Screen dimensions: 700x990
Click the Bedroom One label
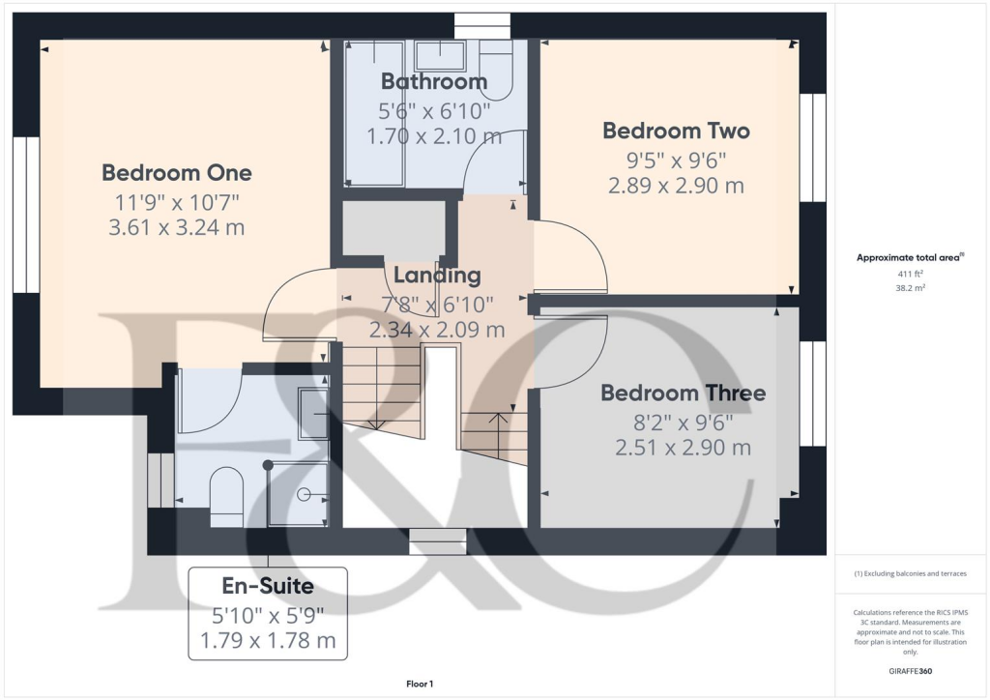click(x=177, y=173)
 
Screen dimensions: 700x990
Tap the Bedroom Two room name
click(x=676, y=131)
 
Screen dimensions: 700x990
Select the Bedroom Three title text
click(x=683, y=394)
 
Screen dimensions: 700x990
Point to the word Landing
click(x=437, y=276)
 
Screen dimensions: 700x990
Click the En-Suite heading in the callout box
click(x=268, y=586)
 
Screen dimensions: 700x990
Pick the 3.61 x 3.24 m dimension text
click(x=177, y=228)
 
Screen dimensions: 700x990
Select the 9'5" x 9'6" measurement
click(x=676, y=160)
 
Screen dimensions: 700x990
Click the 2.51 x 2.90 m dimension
click(x=683, y=448)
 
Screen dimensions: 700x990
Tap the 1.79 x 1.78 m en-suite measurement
click(x=268, y=640)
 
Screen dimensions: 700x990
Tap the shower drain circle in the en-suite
click(x=304, y=494)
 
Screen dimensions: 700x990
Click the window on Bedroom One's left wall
click(x=26, y=215)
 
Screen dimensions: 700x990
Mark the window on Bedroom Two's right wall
click(x=813, y=148)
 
